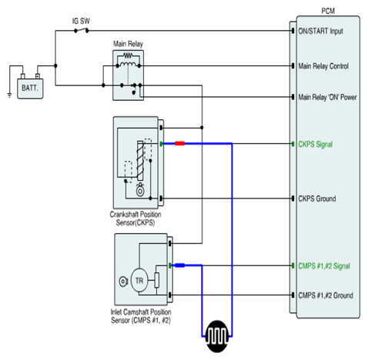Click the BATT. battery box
[30, 88]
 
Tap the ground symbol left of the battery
[9, 95]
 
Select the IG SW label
[81, 21]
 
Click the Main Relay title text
[128, 44]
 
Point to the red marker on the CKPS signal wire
[179, 144]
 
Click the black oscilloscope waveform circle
[217, 336]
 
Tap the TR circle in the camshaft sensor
[139, 281]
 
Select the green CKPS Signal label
[316, 145]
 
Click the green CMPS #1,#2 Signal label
[324, 266]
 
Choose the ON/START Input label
[320, 32]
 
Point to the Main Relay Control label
[323, 66]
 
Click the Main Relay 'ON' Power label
[327, 97]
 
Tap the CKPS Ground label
[317, 198]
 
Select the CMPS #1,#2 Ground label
[326, 295]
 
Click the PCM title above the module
[328, 12]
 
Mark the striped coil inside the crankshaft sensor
[140, 161]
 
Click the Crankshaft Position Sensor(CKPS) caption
[135, 218]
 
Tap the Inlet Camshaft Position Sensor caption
[141, 316]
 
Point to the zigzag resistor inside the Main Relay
[128, 55]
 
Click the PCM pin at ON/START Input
[293, 31]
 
